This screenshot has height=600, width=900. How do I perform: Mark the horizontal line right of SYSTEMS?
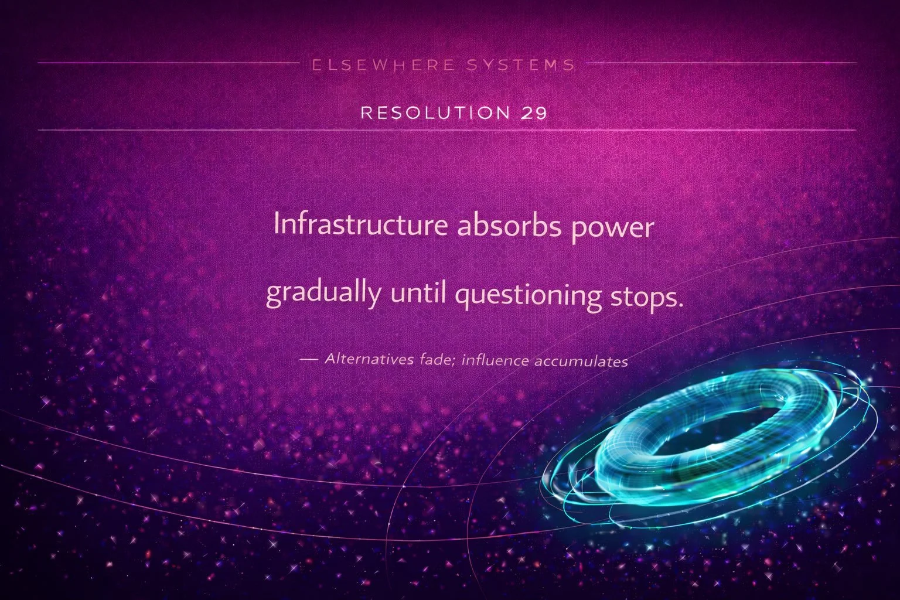coord(715,62)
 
